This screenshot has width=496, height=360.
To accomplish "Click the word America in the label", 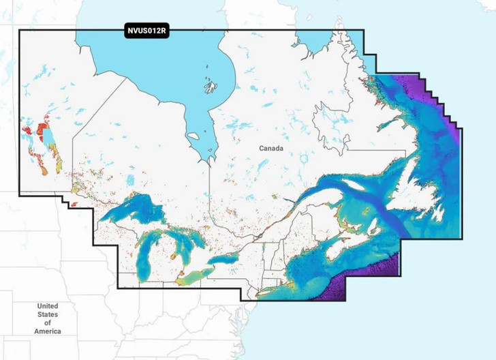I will [x=48, y=331].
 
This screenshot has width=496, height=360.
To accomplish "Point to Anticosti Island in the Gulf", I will [x=356, y=185].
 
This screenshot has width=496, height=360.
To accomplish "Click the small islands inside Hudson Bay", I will [x=210, y=86].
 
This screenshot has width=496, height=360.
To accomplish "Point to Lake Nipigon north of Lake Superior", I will [x=129, y=181].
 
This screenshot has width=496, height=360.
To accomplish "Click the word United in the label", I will [x=48, y=306].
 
